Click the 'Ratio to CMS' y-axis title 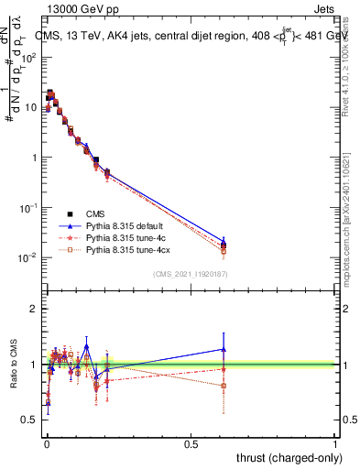[12, 365]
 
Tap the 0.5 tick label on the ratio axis [30, 420]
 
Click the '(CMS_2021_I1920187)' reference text [190, 273]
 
